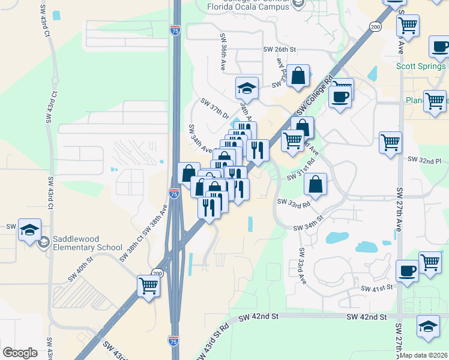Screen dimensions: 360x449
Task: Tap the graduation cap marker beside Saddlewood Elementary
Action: click(29, 230)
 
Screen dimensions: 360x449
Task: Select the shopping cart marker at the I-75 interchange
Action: click(148, 286)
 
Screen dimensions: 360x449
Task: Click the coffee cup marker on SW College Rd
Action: click(340, 98)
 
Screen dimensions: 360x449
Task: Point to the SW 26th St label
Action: click(280, 50)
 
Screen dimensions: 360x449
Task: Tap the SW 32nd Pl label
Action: click(424, 161)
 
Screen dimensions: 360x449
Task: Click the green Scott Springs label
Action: click(421, 66)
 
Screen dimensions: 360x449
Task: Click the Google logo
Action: click(20, 352)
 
